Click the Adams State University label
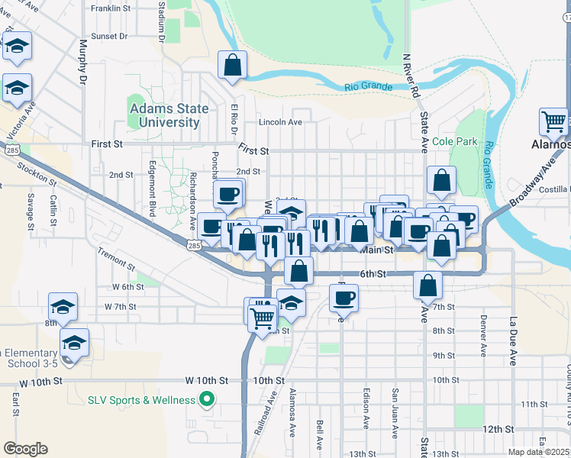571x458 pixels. coord(169,115)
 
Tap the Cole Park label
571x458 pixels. coord(454,141)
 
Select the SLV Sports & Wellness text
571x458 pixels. coord(142,399)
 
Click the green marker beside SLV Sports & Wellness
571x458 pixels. coord(205,399)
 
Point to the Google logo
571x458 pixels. coord(25,449)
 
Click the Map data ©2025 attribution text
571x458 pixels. coord(539,452)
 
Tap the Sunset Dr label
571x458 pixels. coord(108,36)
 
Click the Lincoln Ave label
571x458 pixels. coord(280,122)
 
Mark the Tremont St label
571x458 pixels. coord(116,260)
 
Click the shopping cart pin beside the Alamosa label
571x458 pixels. coord(553,122)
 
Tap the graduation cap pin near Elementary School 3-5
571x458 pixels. coord(74,341)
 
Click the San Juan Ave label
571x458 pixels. coord(395,413)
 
